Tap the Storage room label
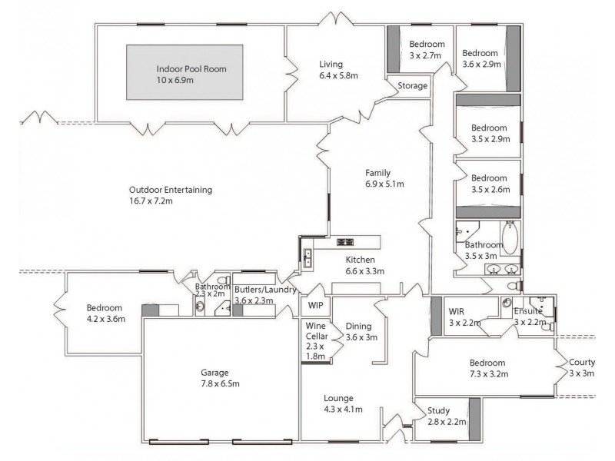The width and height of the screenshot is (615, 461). pyautogui.click(x=413, y=86)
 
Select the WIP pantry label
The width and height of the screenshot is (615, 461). pyautogui.click(x=315, y=305)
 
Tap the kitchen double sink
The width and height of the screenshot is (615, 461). pyautogui.click(x=307, y=258)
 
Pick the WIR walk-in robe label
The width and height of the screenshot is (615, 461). pyautogui.click(x=457, y=311)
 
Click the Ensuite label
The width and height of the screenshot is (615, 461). pyautogui.click(x=529, y=311)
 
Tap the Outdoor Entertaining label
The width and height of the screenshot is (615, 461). pyautogui.click(x=171, y=190)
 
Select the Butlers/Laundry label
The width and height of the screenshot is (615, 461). pyautogui.click(x=265, y=290)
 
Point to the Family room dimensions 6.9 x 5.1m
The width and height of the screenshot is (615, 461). pyautogui.click(x=384, y=184)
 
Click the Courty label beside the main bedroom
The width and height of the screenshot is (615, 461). pyautogui.click(x=581, y=362)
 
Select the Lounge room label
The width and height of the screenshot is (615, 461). pyautogui.click(x=338, y=398)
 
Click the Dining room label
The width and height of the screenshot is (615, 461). pyautogui.click(x=359, y=326)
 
